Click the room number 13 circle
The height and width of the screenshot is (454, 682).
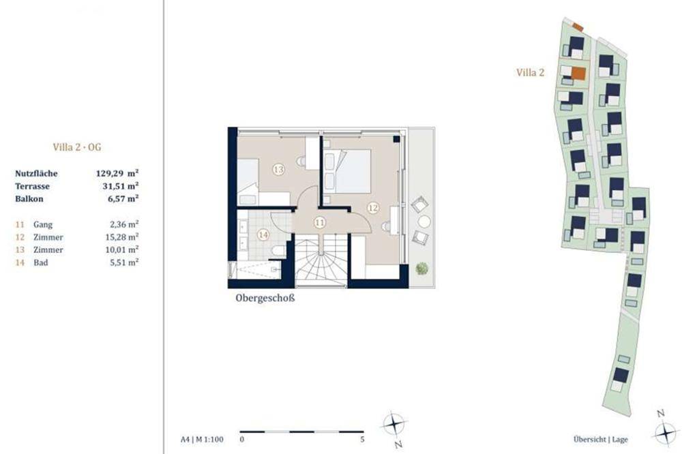point(278,169)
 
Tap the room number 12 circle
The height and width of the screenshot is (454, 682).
point(373,208)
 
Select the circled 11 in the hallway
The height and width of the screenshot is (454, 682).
point(320,223)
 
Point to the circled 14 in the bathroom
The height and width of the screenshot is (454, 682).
point(263,234)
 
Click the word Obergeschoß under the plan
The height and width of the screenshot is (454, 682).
point(265,299)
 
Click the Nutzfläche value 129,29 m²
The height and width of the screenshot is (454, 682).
point(117,173)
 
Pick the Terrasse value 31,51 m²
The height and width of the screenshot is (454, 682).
point(120,186)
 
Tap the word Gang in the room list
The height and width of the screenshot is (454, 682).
point(43,225)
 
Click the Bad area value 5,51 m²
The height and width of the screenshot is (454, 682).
point(124,262)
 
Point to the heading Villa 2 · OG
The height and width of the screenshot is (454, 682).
point(77,147)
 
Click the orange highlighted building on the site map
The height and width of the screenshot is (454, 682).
point(578,74)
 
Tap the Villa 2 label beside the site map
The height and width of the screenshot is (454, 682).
point(530,73)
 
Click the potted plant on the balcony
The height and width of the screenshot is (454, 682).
point(421,269)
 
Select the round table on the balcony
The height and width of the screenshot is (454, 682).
point(424,222)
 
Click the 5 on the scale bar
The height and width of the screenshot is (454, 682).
point(362,440)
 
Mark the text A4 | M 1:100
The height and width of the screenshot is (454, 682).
point(202,440)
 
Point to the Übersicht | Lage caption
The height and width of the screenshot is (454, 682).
point(601,440)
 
